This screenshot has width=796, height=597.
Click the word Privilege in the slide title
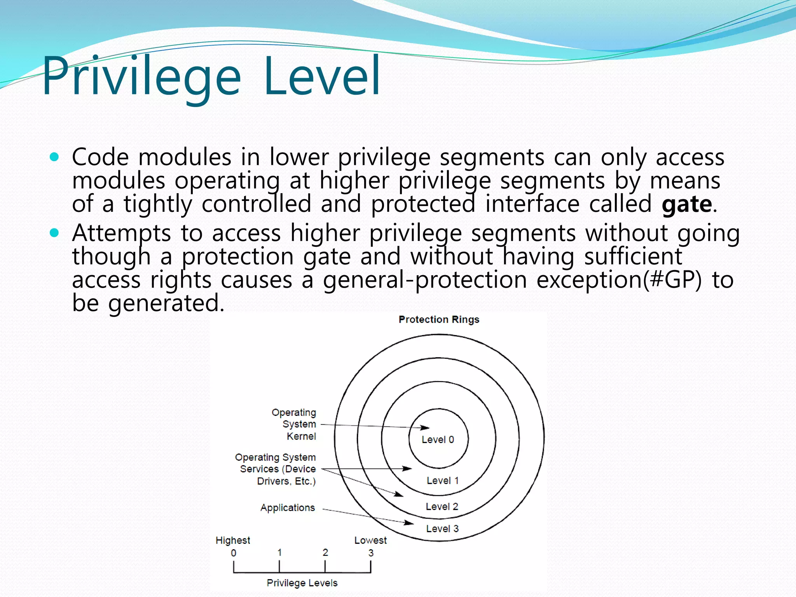(142, 76)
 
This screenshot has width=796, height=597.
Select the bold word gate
(687, 204)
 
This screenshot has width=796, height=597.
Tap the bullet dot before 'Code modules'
(54, 157)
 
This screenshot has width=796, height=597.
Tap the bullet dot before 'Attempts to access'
(54, 233)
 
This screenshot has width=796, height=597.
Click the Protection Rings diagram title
(439, 319)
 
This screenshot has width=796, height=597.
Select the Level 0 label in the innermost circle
(438, 440)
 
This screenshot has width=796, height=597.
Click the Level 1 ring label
(442, 481)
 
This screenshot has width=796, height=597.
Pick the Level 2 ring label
(442, 506)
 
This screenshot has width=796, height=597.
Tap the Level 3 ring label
(442, 529)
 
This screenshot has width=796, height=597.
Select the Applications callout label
(288, 508)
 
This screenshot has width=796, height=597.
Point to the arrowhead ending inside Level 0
(425, 428)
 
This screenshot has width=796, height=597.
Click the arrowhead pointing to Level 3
(409, 523)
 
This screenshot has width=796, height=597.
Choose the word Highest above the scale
(233, 540)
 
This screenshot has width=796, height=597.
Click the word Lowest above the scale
(370, 540)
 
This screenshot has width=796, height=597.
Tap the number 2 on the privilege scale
(325, 552)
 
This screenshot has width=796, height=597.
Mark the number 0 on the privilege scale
(234, 553)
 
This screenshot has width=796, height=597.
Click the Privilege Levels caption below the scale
(302, 583)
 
